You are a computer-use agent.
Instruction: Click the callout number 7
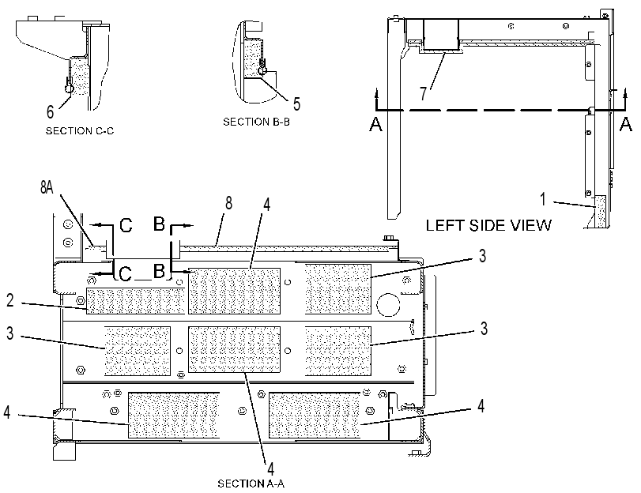tap(424, 93)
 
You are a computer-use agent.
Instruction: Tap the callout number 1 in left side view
tap(543, 199)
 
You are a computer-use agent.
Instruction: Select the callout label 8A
tap(47, 186)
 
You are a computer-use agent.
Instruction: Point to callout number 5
tap(297, 103)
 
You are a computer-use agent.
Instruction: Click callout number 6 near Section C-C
tap(51, 111)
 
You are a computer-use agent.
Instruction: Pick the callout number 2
tap(10, 300)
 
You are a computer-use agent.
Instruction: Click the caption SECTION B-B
tap(256, 122)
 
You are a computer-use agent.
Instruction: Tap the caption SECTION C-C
tap(80, 131)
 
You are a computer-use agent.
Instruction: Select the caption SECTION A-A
tap(251, 484)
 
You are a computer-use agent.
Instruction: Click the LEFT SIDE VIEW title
tap(488, 225)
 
